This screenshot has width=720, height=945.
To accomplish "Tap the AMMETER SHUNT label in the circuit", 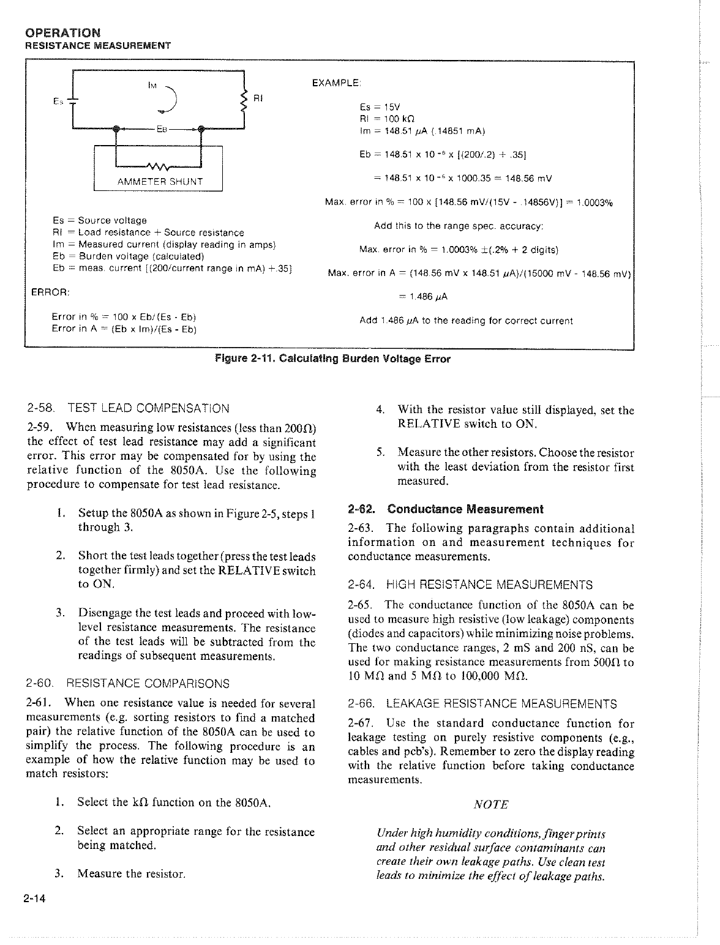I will pos(160,181).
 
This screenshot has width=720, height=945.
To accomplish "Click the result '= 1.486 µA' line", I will pos(423,297).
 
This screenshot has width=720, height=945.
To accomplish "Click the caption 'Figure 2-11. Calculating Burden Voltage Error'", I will pos(332,359).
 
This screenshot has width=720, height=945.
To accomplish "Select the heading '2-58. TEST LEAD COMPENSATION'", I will pos(129,408).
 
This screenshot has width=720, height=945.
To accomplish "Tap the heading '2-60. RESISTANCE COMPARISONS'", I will pos(129,683).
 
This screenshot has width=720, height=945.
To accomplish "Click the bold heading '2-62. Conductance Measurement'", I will pos(445,509).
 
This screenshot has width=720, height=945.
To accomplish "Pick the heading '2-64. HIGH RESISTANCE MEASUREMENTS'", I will pos(470,585).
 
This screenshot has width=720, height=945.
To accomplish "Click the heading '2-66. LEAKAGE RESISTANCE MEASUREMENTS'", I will pos(482,704).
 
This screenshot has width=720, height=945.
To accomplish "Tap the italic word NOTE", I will pos(491,804).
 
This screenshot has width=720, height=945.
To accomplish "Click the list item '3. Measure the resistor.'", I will pos(120,873).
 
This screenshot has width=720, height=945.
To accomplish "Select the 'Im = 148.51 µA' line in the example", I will pos(422,130).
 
